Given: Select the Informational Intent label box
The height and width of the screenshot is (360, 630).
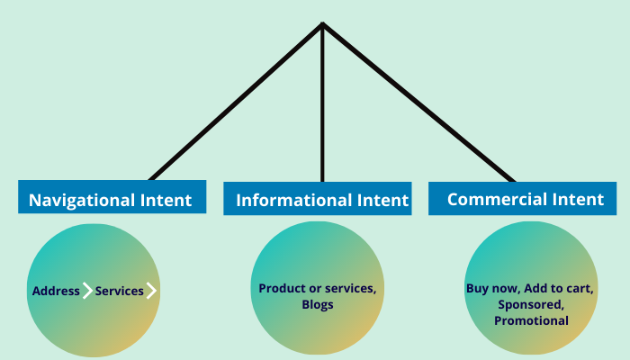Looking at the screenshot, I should (x=321, y=199).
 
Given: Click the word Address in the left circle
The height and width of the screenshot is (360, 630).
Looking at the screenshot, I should (x=56, y=292).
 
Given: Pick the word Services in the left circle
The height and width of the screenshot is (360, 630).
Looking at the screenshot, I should (x=119, y=292).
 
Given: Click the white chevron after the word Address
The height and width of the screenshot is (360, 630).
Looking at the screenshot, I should (x=87, y=291).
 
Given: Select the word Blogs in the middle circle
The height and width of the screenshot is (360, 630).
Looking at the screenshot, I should (x=318, y=304).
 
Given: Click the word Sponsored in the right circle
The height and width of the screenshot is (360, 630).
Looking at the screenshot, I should (x=531, y=304).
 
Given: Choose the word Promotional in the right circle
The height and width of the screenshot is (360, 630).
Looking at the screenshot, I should (x=531, y=320).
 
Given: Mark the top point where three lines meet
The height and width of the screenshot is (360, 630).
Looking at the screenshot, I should (x=322, y=24).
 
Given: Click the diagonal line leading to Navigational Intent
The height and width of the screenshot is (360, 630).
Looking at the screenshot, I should (x=236, y=102).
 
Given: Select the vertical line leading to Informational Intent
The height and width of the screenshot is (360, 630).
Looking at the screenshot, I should (x=322, y=108).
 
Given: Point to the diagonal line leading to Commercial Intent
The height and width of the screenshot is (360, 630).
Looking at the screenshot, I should (x=418, y=102).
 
